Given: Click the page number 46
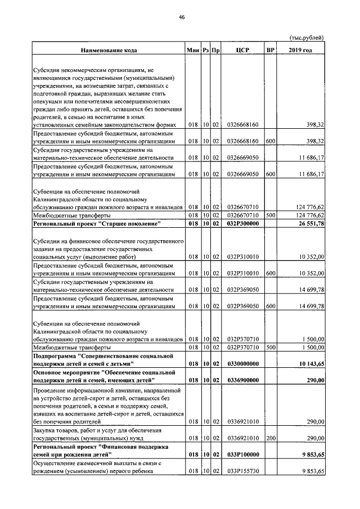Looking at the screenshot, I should point(182,17).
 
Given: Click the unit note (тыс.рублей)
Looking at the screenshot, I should point(307,38).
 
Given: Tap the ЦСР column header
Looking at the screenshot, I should point(242,51).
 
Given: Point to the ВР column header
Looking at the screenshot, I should point(270,51).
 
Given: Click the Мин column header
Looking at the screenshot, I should point(194,51).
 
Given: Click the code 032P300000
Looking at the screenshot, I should point(242,225).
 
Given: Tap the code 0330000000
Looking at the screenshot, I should point(242,364).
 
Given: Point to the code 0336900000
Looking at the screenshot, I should point(242,381).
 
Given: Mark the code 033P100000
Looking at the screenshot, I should point(242,455).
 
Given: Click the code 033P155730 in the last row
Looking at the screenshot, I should point(242,471).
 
